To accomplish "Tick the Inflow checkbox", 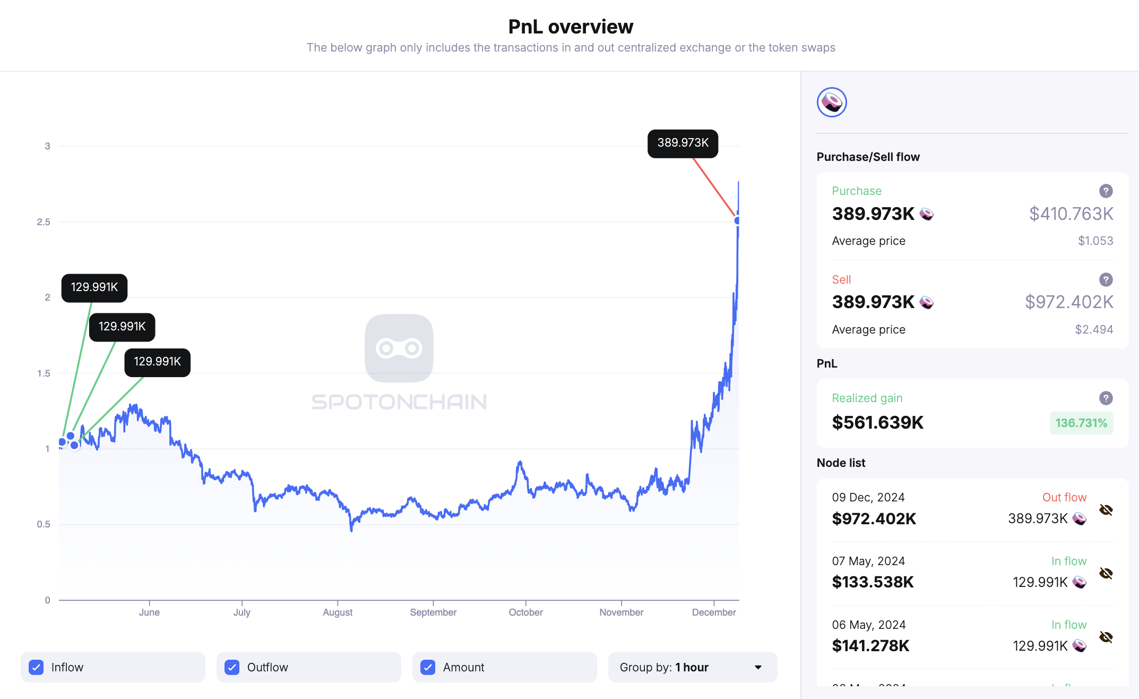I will [36, 667].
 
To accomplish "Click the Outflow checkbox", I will [232, 667].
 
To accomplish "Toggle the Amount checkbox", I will [428, 667].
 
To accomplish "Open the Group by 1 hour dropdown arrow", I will [758, 667].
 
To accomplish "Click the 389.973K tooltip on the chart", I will [683, 143].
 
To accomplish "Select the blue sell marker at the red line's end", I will [737, 220].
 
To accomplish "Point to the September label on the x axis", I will [433, 612].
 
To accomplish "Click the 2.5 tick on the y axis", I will [44, 222].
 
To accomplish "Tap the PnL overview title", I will [571, 27].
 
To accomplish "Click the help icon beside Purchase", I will [1106, 191].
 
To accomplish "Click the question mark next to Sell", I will [1106, 279].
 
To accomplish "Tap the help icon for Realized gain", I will [1106, 398].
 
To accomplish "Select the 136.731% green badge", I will [1081, 423].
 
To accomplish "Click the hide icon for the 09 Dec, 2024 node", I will [1106, 510].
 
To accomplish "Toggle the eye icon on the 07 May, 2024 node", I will [1106, 573].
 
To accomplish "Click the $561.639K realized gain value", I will [878, 422].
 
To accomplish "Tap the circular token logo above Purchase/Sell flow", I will [832, 102].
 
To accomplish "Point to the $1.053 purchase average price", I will [1095, 241].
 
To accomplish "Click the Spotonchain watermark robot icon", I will [399, 348].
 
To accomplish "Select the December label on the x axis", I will [714, 612].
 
